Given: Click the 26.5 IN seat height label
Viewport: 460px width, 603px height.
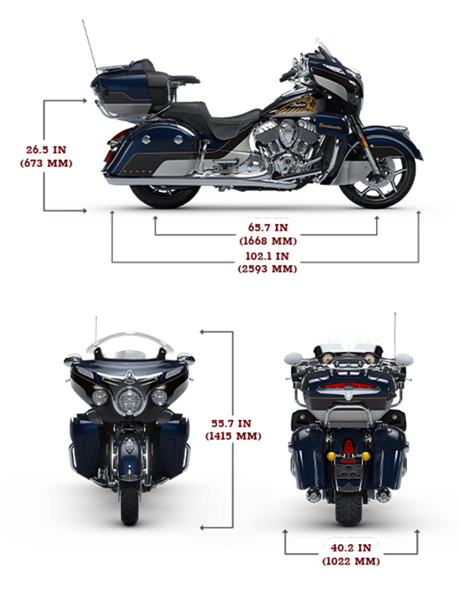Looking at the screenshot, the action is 46,150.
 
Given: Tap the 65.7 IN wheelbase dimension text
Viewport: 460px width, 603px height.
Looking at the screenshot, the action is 268,227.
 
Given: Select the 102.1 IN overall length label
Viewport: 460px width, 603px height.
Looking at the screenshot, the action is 267,256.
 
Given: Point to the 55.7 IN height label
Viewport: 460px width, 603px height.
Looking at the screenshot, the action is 232,423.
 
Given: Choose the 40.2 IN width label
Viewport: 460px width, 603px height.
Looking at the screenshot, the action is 351,547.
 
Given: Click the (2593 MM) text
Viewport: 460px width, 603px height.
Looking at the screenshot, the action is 268,268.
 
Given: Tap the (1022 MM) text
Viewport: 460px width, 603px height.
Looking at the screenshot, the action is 351,561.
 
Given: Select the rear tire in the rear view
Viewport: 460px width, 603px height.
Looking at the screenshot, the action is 349,508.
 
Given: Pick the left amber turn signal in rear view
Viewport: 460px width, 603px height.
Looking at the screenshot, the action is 331,456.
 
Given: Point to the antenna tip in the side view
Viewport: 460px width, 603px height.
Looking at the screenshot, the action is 83,21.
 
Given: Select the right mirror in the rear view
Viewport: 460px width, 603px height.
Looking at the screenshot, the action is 404,360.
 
